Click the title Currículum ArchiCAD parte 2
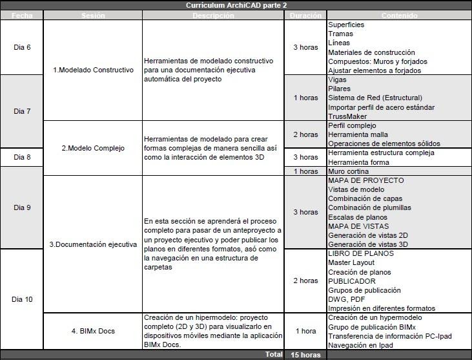click(236, 5)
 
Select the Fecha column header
click(21, 16)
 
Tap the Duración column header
click(305, 16)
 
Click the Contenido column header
click(399, 16)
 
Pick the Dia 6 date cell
click(21, 47)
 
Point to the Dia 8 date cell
click(21, 157)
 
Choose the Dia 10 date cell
click(21, 299)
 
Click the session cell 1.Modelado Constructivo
click(93, 70)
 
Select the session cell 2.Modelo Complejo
click(93, 148)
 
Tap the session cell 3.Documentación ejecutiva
click(93, 244)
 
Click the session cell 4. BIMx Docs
click(93, 331)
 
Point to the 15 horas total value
click(305, 355)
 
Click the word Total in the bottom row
click(274, 355)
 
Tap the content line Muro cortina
click(349, 171)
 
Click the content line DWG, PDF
click(346, 299)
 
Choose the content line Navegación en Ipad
click(360, 345)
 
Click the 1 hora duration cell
click(305, 331)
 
